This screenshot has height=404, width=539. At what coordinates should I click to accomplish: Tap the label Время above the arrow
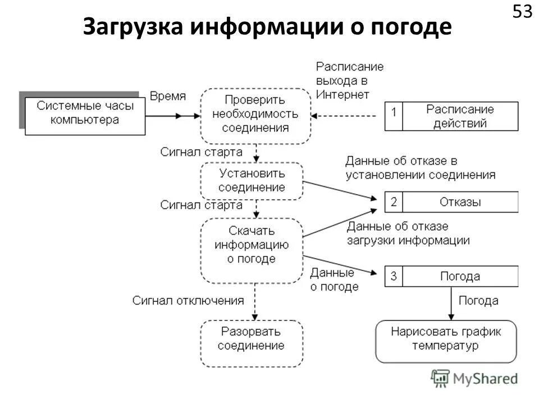pyautogui.click(x=167, y=96)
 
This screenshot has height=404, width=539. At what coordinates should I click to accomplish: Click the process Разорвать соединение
pyautogui.click(x=252, y=339)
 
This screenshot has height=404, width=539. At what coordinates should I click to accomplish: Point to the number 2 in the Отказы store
pyautogui.click(x=394, y=202)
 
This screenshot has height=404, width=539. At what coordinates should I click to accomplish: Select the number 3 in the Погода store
pyautogui.click(x=394, y=276)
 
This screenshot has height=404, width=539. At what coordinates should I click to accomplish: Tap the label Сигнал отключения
pyautogui.click(x=188, y=300)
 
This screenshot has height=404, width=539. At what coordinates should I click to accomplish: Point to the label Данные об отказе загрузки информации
pyautogui.click(x=408, y=233)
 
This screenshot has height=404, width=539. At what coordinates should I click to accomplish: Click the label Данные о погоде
pyautogui.click(x=334, y=279)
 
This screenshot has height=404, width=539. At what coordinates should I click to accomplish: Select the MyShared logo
pyautogui.click(x=474, y=379)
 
